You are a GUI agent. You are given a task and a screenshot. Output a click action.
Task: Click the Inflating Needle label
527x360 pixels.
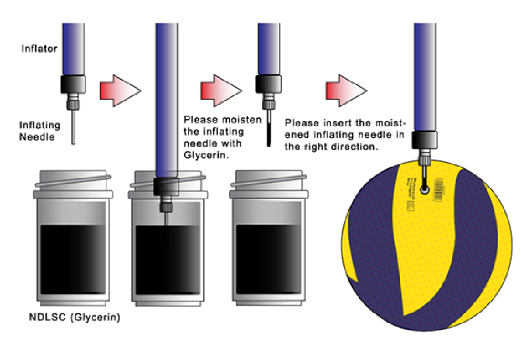(x=40, y=131)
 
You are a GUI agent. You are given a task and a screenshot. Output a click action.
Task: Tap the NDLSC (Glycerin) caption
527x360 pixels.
(x=74, y=317)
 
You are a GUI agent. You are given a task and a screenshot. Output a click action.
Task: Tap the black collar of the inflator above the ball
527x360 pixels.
(x=424, y=139)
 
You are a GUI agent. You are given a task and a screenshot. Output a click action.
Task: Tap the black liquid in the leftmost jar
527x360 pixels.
(x=73, y=258)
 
